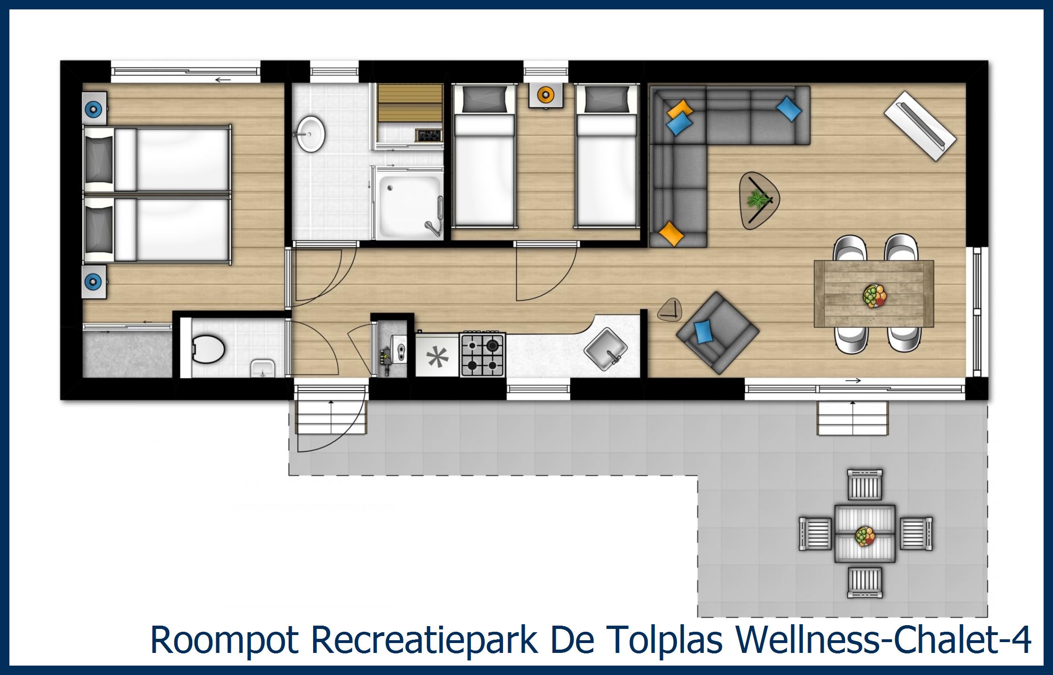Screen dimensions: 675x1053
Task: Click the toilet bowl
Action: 209,348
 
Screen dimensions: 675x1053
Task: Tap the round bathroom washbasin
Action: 310,133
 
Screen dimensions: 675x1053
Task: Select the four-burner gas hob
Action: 483,355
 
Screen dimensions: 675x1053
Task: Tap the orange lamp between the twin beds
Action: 545,95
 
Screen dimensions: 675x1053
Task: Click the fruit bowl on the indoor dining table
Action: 874,296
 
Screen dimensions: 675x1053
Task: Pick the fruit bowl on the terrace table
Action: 865,536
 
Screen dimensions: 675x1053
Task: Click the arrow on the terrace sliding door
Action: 856,380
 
